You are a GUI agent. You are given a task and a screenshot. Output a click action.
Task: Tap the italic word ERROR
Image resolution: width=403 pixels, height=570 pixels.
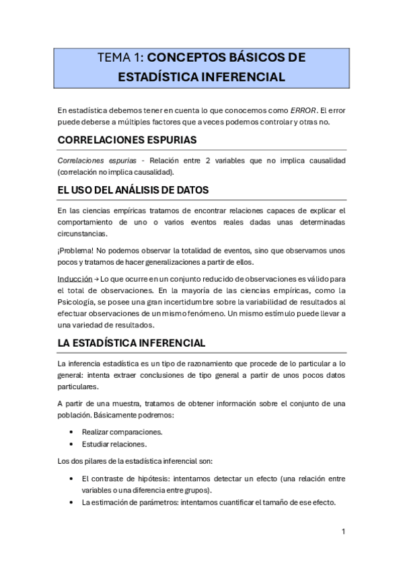[x=303, y=110]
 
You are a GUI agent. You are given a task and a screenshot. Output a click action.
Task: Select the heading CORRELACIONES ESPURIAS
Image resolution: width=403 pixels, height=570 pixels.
[x=127, y=140]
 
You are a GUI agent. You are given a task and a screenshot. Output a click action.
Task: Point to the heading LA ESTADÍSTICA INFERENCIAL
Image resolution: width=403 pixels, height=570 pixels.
[x=132, y=343]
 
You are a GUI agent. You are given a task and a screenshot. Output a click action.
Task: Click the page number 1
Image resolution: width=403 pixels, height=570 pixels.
[x=343, y=531]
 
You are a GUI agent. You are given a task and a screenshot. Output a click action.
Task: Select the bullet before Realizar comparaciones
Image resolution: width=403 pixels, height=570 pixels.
[x=72, y=432]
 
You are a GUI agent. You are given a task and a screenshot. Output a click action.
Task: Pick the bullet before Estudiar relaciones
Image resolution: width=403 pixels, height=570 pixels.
[x=72, y=444]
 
